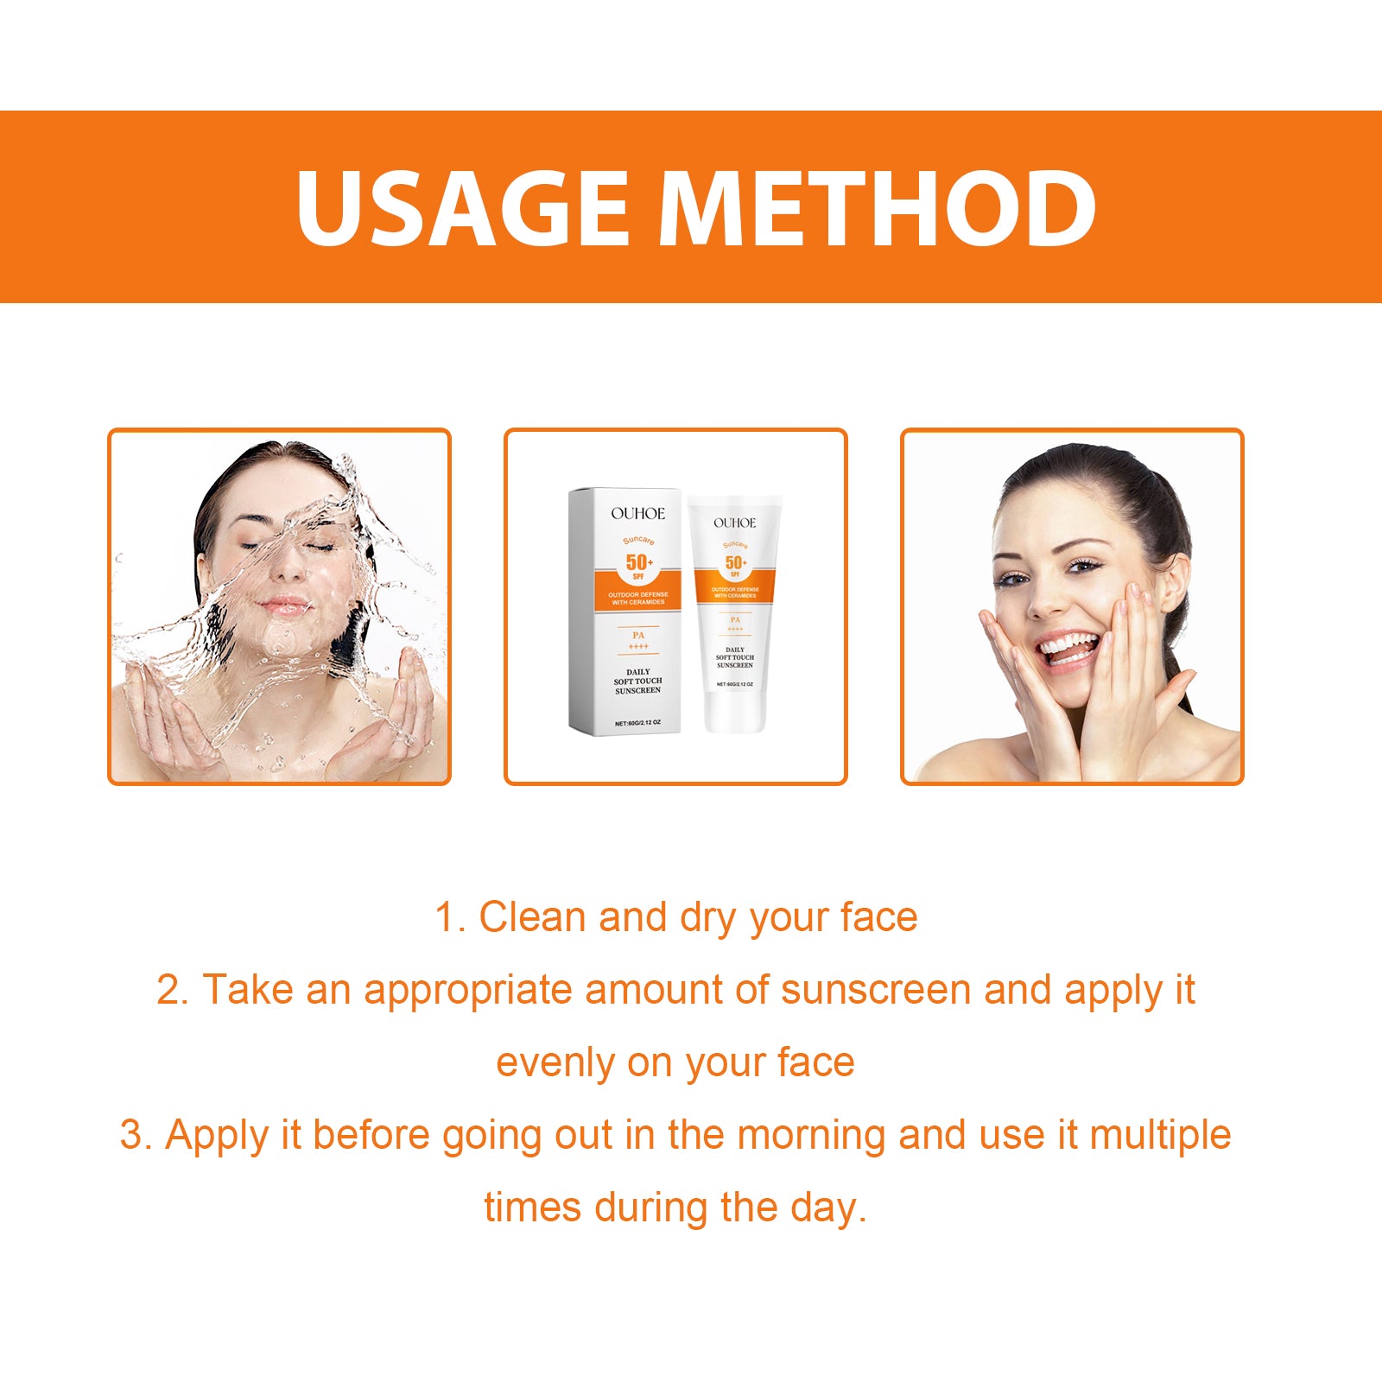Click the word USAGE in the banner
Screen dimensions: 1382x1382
462,208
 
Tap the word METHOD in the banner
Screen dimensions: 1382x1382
878,208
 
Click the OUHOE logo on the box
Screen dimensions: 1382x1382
637,513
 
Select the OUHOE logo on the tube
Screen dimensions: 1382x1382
734,523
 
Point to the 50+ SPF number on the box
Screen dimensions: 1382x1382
639,562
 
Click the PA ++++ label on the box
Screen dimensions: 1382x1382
638,640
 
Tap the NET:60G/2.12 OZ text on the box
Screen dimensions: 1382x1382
637,723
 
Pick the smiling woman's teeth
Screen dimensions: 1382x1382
1068,645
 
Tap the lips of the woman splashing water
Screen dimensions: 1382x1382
284,605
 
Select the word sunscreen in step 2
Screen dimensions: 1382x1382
876,990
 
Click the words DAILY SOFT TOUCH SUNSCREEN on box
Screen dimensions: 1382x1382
637,681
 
